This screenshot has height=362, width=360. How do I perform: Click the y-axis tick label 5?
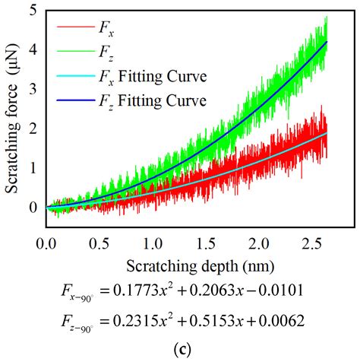pyautogui.click(x=31, y=11)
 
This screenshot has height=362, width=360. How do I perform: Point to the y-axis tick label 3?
pyautogui.click(x=31, y=90)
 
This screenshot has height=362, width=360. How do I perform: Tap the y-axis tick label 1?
pyautogui.click(x=31, y=167)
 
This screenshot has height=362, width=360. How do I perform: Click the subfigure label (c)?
pyautogui.click(x=179, y=349)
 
